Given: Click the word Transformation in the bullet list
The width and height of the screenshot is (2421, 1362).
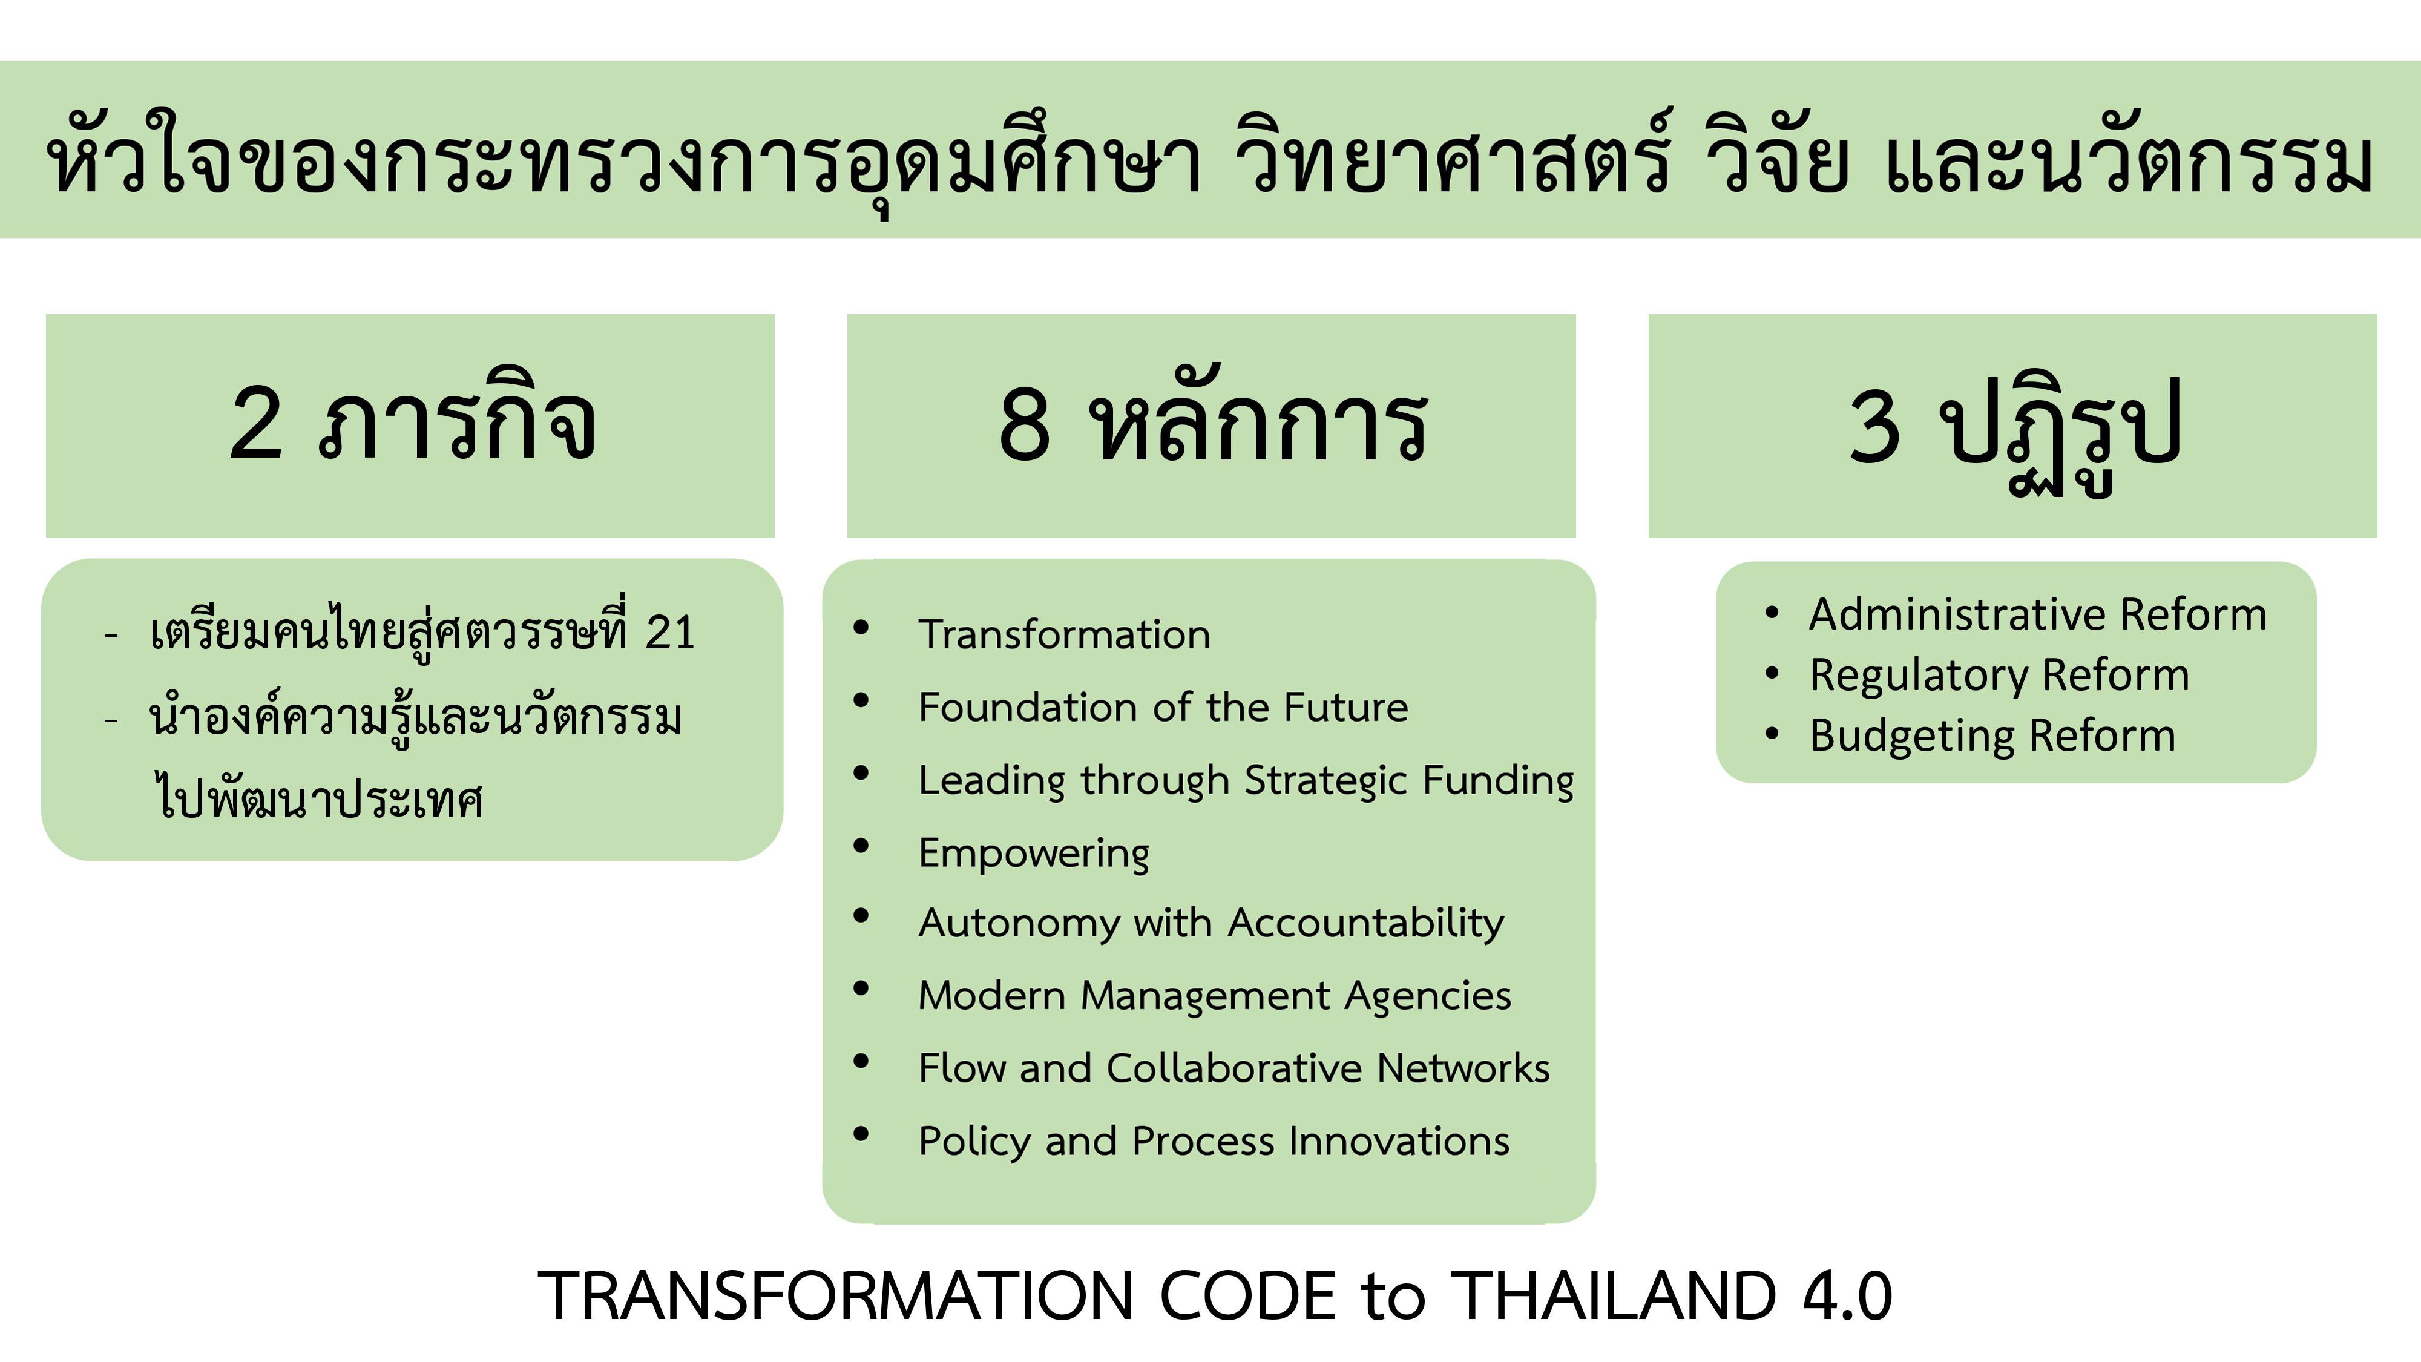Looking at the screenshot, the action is (x=1064, y=634).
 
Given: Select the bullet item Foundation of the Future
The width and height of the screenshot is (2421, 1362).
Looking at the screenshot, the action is (x=1163, y=707).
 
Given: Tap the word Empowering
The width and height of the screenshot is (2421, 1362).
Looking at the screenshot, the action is (x=1034, y=854).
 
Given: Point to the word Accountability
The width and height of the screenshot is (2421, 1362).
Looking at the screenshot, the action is (x=1367, y=924).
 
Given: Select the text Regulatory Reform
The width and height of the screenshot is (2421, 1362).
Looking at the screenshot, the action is (x=2000, y=676).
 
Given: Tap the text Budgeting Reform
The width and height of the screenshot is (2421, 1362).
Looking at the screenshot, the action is (x=1993, y=736).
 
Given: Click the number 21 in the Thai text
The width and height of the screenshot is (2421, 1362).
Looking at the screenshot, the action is (x=670, y=633).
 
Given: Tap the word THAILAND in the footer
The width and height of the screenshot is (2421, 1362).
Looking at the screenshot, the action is (x=1614, y=1296).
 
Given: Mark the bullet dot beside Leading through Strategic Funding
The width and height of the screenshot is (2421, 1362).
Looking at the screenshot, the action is (x=861, y=774).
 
